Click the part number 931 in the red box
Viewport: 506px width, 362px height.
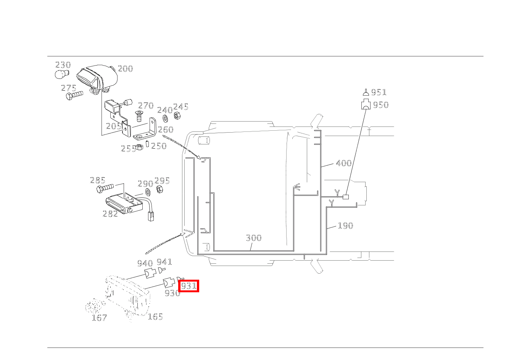189,286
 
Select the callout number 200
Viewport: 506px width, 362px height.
126,69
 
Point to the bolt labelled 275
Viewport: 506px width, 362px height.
74,95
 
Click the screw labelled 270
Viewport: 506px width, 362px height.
139,116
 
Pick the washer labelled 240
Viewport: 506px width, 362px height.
165,118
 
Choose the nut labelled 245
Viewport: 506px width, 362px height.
177,116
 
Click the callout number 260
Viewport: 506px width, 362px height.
166,130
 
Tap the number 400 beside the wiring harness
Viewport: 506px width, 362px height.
343,163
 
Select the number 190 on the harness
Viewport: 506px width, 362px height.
345,226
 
